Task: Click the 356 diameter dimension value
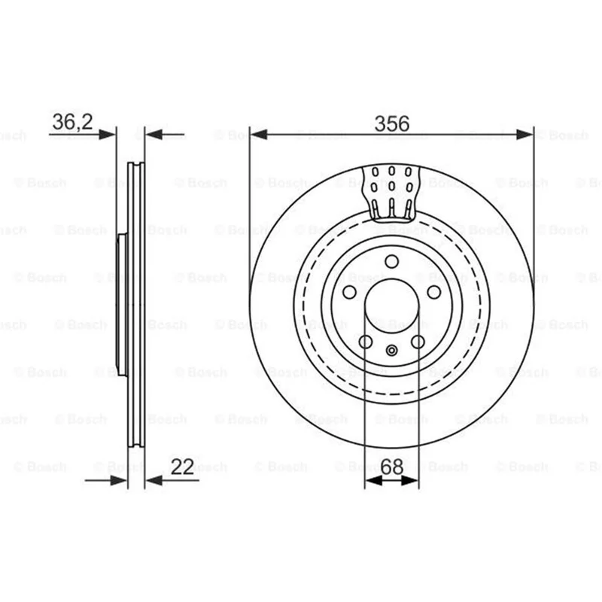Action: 391,123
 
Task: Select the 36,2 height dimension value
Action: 72,122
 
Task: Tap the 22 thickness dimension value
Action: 182,467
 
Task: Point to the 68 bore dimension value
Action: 392,467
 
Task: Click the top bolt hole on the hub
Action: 391,261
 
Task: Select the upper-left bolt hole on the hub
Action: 349,292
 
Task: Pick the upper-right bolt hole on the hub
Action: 434,292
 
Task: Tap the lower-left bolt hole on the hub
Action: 366,342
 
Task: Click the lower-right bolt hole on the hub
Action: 418,342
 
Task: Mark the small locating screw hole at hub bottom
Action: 391,350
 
